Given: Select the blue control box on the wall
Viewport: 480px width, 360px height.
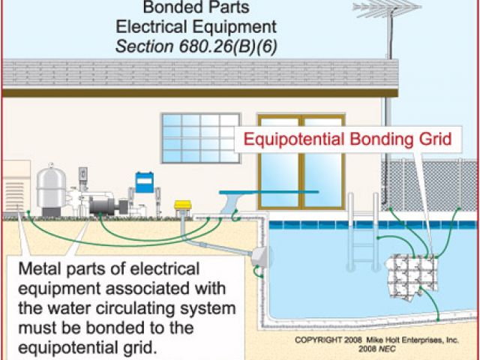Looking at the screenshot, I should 144,182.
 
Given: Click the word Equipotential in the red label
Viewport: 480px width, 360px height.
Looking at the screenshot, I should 282,139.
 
